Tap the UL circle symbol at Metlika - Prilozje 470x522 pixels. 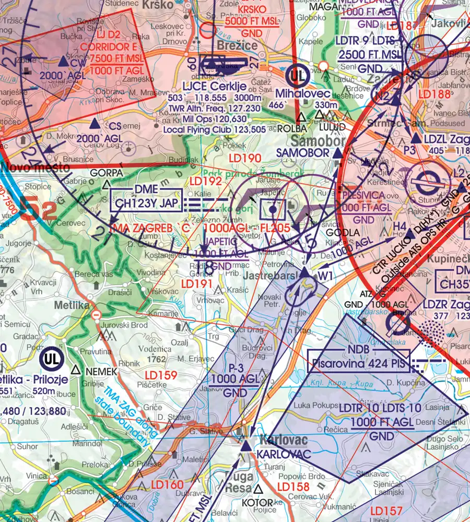[51, 359]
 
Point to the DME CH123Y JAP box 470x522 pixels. [146, 199]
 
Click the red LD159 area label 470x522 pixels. [161, 375]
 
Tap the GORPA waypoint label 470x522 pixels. [106, 173]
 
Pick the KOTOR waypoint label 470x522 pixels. [258, 502]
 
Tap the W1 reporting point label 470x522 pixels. [325, 275]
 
